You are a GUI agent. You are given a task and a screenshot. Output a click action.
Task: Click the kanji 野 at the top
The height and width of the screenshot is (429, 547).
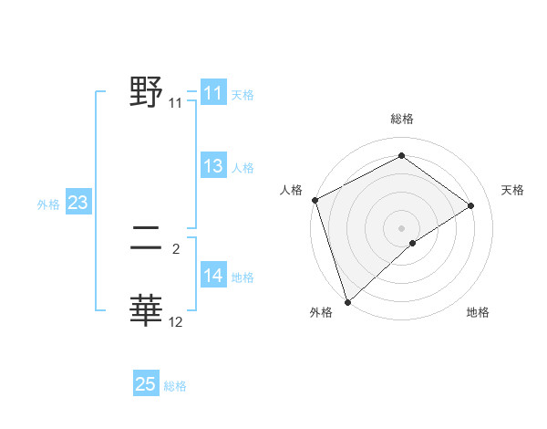[x=147, y=93]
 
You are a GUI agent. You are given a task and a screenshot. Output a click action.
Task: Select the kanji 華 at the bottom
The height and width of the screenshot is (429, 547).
[x=147, y=310]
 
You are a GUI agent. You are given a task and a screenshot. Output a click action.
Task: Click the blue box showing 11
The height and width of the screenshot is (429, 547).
[x=213, y=93]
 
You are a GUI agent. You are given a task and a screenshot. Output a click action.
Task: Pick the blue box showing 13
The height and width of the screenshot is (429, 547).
[x=213, y=166]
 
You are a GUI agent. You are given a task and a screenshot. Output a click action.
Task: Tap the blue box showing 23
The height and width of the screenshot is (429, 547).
[x=77, y=203]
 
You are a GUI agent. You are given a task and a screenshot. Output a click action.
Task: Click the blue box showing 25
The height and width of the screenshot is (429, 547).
[x=146, y=384]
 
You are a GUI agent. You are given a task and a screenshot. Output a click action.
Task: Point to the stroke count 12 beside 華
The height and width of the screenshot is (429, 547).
[x=176, y=322]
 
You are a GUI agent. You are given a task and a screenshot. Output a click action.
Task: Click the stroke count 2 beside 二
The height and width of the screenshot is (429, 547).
[x=176, y=248]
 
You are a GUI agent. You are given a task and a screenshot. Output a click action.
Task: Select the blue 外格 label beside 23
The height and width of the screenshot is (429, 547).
[x=48, y=204]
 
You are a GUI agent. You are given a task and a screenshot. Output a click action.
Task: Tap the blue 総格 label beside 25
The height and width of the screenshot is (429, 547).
[x=175, y=386]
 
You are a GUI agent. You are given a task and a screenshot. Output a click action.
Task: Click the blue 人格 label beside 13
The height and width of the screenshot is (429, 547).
[x=243, y=168]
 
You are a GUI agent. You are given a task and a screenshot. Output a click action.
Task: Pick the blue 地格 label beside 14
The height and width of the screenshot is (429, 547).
[x=243, y=277]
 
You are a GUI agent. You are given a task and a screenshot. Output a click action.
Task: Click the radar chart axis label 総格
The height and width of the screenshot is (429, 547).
[x=401, y=119]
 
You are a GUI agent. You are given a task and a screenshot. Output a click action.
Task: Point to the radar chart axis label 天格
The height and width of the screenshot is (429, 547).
[x=512, y=190]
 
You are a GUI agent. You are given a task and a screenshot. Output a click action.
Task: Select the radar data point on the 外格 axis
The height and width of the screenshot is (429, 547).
[x=347, y=301]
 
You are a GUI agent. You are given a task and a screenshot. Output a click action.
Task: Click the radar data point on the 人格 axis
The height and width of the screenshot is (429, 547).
[x=315, y=200]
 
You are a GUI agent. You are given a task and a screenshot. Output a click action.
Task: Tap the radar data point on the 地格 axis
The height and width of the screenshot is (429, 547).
[x=413, y=243]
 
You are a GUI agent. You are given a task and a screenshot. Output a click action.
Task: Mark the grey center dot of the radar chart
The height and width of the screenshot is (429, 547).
[x=401, y=227]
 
